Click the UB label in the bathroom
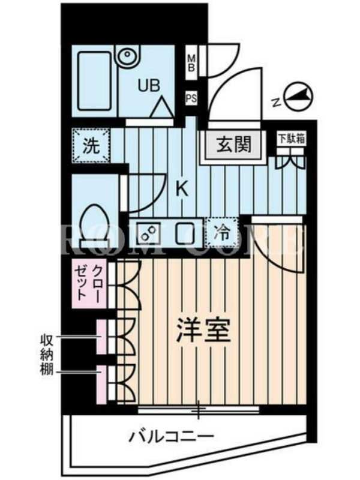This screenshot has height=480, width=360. pos(149,85)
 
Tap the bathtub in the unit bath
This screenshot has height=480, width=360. pos(94,81)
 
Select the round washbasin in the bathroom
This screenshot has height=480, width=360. pos(127,56)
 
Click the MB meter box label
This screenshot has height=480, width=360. pos(191,63)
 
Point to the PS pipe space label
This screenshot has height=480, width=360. pos(191,98)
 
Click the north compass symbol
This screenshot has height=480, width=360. pos(299,97)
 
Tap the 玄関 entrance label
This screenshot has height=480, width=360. pos(234,144)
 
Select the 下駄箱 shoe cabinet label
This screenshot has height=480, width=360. pos(292,139)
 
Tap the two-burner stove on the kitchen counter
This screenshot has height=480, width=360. pos(148,233)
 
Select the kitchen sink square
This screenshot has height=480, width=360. pos(185,233)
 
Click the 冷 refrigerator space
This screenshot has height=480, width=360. pos(221,233)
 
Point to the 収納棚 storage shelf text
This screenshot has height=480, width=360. pos(47,355)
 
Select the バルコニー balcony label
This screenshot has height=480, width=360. pos(171,436)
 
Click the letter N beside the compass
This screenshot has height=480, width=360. pos(277,102)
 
